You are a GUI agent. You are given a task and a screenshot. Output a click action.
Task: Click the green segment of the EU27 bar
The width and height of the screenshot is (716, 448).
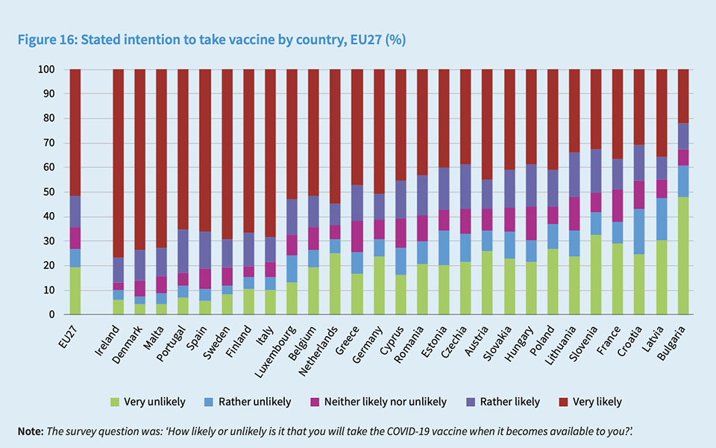click(x=75, y=290)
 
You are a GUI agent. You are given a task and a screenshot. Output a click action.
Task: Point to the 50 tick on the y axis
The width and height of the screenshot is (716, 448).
click(x=48, y=192)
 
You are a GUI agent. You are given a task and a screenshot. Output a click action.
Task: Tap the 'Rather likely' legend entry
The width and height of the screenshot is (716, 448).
click(x=504, y=402)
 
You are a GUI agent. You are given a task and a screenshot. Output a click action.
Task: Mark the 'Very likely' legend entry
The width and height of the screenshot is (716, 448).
click(x=590, y=402)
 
